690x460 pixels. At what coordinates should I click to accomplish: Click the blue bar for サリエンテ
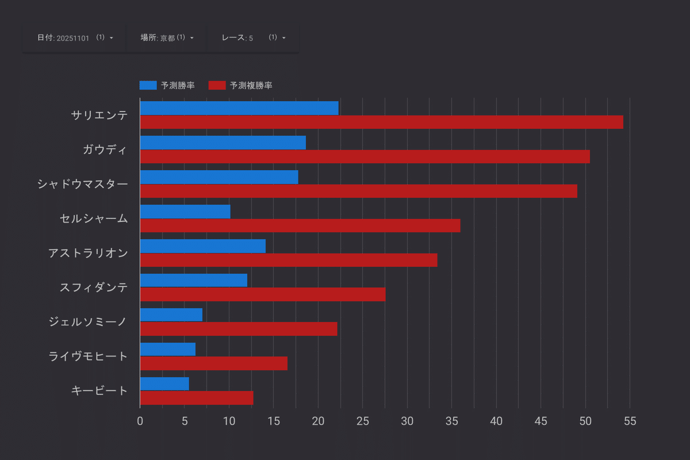[239, 108]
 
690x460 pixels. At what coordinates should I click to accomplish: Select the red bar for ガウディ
[365, 156]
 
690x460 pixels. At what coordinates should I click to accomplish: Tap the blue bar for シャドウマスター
[219, 177]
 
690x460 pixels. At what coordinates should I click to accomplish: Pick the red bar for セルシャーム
[300, 225]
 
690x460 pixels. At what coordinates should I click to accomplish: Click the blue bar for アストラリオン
[202, 246]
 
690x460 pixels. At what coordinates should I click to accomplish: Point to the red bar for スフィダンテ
[263, 294]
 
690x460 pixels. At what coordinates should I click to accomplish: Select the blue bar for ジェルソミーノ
[171, 315]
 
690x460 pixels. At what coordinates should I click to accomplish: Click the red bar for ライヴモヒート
[213, 363]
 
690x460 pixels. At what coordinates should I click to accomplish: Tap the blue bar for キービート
[164, 384]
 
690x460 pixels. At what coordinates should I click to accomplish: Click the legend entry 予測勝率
[167, 86]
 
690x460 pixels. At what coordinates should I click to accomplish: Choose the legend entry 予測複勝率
[240, 86]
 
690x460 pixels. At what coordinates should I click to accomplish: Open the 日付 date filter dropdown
[75, 38]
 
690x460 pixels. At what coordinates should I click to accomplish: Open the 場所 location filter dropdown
[167, 38]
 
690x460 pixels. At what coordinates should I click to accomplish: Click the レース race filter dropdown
[254, 38]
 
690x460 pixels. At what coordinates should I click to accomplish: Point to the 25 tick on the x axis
[363, 421]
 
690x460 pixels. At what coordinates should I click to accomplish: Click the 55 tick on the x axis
[630, 421]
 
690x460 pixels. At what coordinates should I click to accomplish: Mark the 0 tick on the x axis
[140, 421]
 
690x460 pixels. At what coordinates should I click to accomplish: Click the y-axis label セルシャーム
[94, 218]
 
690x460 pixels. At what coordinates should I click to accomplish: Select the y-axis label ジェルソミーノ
[88, 322]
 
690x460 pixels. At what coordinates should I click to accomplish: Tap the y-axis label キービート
[99, 391]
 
